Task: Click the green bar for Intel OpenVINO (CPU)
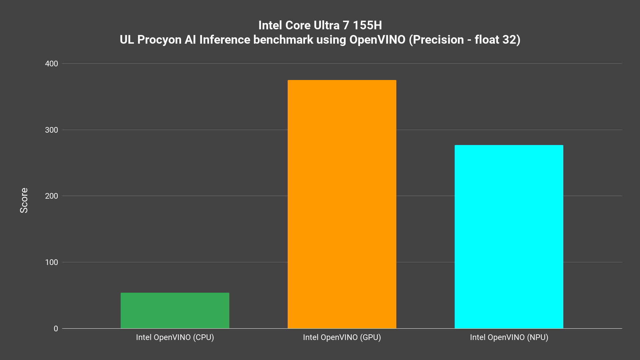pos(175,310)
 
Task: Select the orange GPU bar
pos(342,204)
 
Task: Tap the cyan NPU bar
pos(509,237)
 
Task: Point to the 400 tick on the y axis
pos(51,64)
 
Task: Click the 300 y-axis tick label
pos(51,130)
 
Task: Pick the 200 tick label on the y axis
pos(51,196)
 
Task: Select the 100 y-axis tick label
pos(51,262)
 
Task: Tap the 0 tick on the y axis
pos(56,329)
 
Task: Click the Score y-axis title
pos(24,200)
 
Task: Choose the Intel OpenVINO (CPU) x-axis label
pos(175,337)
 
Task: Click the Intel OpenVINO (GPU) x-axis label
pos(342,337)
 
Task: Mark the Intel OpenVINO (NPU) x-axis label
pos(509,337)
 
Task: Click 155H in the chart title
pos(367,25)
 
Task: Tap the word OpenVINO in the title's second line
pos(377,40)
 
